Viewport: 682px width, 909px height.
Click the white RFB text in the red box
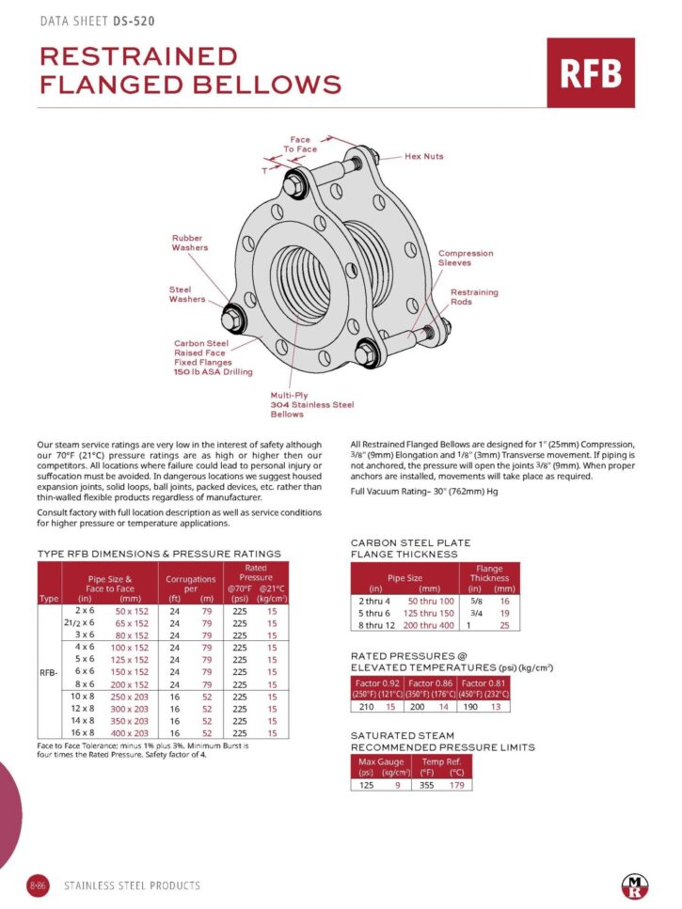click(591, 73)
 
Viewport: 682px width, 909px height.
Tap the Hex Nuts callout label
click(423, 156)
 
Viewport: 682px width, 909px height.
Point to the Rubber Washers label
click(189, 243)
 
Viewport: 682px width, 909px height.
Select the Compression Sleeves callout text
click(465, 258)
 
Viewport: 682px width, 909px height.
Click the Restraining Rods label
click(474, 297)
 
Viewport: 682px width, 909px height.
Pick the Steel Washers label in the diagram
click(187, 294)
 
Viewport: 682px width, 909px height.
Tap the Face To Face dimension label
click(300, 145)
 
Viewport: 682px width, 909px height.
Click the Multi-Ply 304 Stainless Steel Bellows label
click(311, 405)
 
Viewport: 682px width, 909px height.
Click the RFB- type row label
click(49, 672)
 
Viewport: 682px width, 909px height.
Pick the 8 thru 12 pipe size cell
click(376, 625)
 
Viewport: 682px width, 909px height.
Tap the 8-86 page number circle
click(39, 885)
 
